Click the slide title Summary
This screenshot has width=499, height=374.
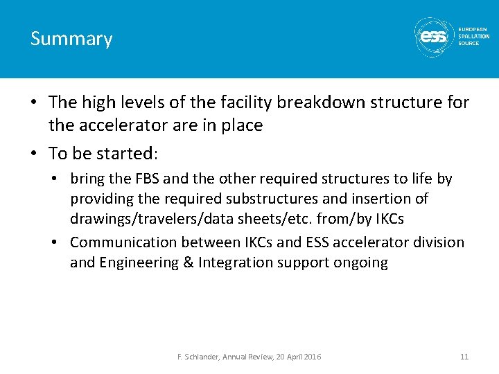[71, 39]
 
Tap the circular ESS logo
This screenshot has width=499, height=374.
[433, 36]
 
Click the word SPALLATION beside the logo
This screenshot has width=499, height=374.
[473, 36]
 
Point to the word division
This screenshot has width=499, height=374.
[438, 242]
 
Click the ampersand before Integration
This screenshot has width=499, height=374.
[189, 262]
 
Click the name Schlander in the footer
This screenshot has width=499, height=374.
[202, 357]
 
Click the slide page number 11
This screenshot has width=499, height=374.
[464, 357]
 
